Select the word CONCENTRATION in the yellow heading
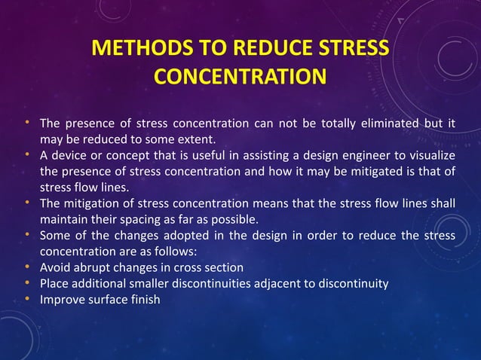click(x=240, y=77)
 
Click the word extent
click(x=175, y=139)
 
